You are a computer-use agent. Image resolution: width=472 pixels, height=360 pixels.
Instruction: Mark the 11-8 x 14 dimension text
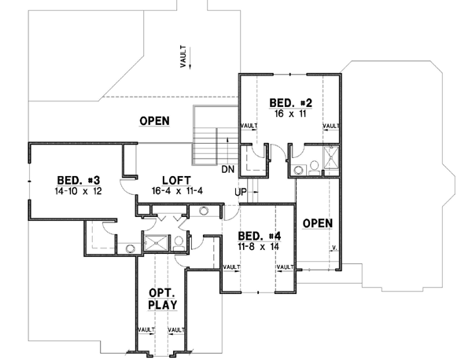point(256,246)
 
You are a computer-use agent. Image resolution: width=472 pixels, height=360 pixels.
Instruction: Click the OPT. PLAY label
point(162,298)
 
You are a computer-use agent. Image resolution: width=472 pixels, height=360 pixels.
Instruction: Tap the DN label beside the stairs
point(227,169)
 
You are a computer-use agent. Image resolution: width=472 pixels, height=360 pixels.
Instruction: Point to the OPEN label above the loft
point(155,120)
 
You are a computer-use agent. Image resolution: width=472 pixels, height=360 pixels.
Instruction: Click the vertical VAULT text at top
point(183,59)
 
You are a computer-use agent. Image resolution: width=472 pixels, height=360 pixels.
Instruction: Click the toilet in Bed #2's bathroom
point(312,165)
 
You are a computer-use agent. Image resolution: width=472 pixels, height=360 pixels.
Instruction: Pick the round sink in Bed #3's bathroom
point(130,248)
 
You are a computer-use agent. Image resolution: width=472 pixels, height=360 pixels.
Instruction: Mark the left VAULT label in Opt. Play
point(146,330)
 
